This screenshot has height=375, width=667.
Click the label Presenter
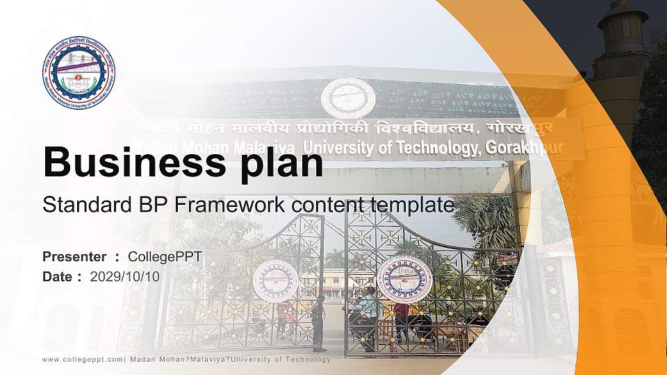tap(74, 257)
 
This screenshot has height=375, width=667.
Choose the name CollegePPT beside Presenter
tap(165, 257)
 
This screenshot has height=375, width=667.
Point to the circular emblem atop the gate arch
tap(348, 97)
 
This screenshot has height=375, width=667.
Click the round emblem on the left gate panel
tap(275, 281)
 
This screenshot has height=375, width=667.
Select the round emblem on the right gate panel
tap(404, 279)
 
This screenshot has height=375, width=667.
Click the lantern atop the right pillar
tap(623, 28)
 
